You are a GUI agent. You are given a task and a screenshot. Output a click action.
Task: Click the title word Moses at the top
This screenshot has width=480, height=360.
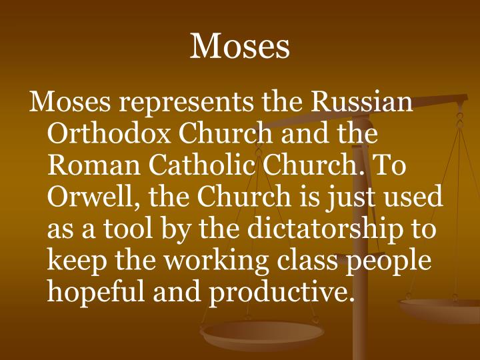(x=240, y=46)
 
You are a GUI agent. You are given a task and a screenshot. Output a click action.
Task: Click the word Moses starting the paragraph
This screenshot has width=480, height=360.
(x=69, y=103)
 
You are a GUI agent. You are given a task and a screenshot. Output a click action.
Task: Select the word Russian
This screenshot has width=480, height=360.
(x=362, y=103)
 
